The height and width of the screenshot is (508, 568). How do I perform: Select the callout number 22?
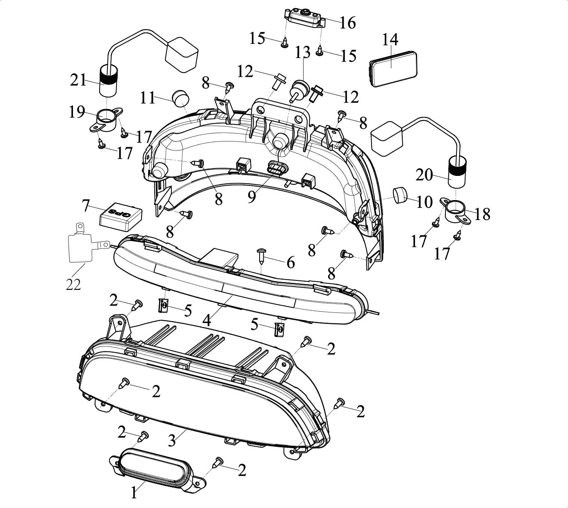73,285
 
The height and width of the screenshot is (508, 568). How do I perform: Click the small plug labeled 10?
400,195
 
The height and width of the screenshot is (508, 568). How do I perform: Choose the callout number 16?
347,23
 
